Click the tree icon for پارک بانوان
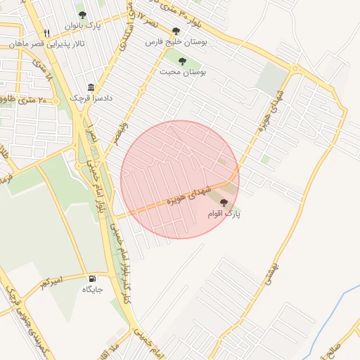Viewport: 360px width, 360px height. pos(82,15)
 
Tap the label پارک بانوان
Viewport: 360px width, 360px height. pos(84,26)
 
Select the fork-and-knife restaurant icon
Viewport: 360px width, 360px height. pos(46,32)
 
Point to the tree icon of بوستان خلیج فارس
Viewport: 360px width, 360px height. pos(176,31)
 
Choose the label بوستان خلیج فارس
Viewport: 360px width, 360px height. pos(174,41)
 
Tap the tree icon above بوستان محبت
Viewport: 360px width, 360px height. pos(183,60)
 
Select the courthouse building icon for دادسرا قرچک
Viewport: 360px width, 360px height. pos(91,87)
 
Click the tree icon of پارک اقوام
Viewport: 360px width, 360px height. pos(224,202)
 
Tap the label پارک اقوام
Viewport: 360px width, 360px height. pos(224,212)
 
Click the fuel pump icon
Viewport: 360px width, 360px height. pos(92,278)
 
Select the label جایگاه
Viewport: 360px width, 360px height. pos(93,289)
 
